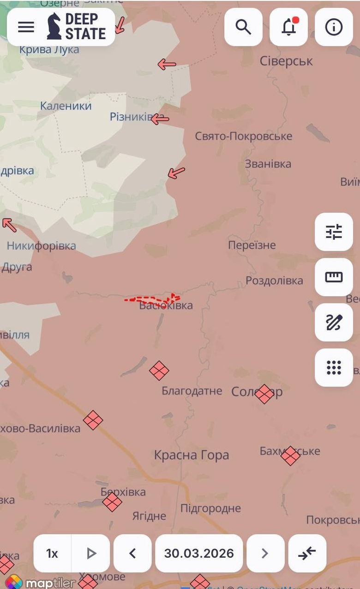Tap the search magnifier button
243,27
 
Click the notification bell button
288,27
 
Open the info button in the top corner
334,27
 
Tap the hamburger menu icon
26,27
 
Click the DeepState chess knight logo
54,26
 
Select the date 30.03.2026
199,553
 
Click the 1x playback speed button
52,553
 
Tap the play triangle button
91,553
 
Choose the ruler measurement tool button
334,277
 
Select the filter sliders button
334,232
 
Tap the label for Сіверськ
286,61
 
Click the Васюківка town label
166,305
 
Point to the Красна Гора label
192,455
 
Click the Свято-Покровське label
243,136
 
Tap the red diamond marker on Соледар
264,394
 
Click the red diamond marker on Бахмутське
290,456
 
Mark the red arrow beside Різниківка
160,119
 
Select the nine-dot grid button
334,368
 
